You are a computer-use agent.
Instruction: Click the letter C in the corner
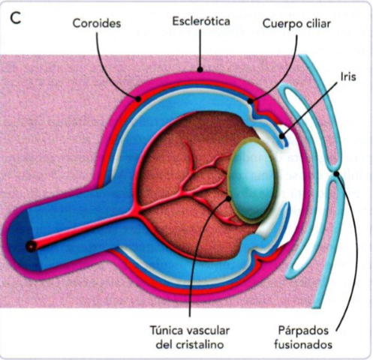(x=16, y=19)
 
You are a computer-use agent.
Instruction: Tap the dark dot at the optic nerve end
(x=30, y=245)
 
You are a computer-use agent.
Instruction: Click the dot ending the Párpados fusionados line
(x=337, y=174)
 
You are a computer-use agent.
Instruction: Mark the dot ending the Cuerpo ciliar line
(x=251, y=99)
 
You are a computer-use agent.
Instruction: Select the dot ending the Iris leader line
(x=284, y=136)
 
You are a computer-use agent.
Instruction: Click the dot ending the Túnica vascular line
(x=230, y=198)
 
